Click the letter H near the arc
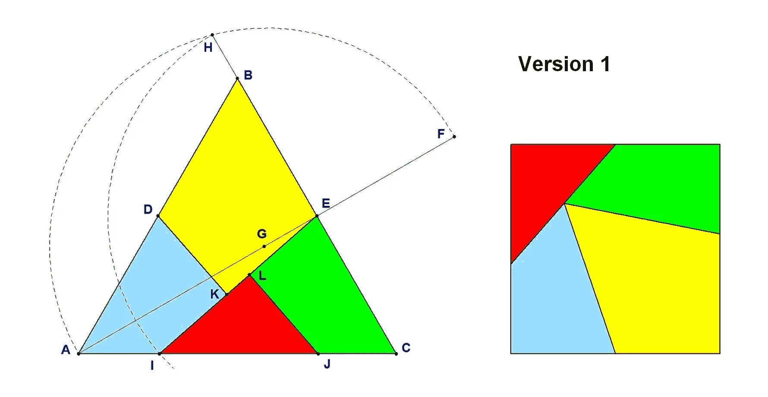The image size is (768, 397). (208, 47)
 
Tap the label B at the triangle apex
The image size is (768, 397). (248, 75)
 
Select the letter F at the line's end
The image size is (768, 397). (441, 134)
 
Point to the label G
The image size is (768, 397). (261, 234)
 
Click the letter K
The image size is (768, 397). (214, 294)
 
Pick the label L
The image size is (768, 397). (262, 276)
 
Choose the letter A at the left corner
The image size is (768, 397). (66, 350)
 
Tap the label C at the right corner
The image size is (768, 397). (406, 348)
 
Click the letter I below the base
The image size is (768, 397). (152, 366)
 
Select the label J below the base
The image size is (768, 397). (327, 364)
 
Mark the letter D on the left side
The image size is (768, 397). (148, 210)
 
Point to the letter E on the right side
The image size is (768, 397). (326, 203)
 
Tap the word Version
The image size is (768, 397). (556, 64)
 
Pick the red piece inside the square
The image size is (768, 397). (544, 181)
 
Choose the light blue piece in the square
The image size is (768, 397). (557, 302)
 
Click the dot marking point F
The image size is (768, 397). (454, 137)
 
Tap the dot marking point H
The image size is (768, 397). (212, 35)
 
